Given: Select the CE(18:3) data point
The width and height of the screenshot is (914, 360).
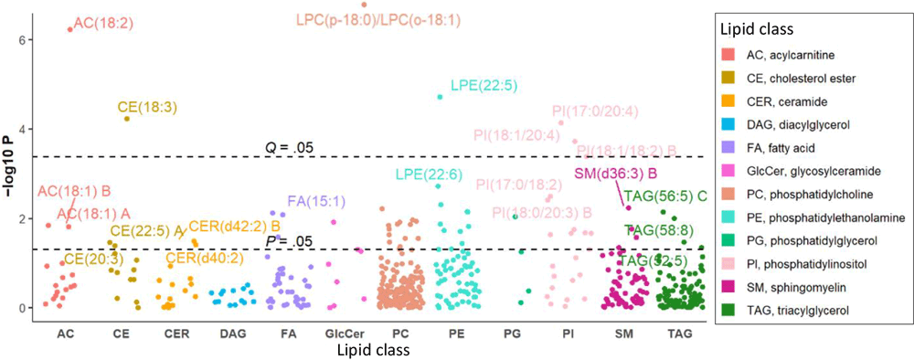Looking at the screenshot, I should (x=126, y=118).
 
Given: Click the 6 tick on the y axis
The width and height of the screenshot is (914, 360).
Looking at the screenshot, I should (x=29, y=39).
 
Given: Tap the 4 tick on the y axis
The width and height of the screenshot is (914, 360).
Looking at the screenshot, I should (x=29, y=129).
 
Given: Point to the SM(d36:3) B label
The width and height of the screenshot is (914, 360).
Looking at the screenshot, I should (x=616, y=174).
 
